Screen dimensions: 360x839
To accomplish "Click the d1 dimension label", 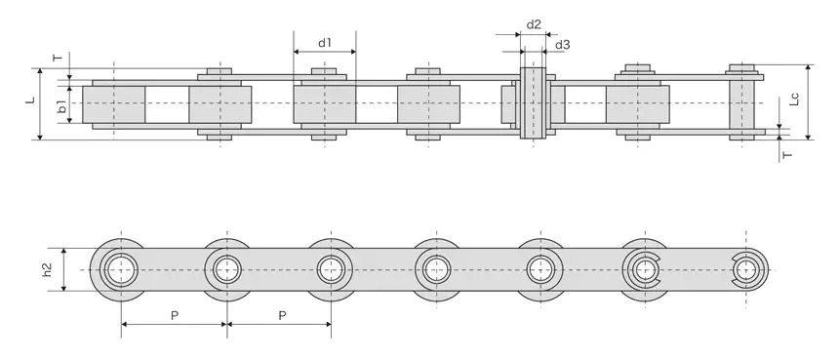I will tap(325, 43).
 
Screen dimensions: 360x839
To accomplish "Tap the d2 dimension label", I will tap(534, 23).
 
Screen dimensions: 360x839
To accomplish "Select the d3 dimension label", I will tap(563, 45).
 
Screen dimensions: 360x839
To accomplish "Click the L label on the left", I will tap(29, 100).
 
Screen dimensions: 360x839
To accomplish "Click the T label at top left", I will tap(57, 58).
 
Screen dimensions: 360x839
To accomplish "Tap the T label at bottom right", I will tap(786, 154).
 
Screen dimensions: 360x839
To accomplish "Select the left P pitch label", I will tap(175, 315).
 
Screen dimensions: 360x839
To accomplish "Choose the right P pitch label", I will tap(281, 315).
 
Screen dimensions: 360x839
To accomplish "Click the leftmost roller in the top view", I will tap(114, 103).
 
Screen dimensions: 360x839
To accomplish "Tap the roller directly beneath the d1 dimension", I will tap(324, 103).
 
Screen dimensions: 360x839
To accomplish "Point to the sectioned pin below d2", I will tap(533, 103).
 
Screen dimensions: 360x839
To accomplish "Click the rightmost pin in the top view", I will tap(745, 103).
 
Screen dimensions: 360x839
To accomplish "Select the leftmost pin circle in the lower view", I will tap(121, 268).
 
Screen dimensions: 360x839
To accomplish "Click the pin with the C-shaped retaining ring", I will tap(643, 267).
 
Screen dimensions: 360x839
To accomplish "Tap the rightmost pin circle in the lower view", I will tap(747, 267).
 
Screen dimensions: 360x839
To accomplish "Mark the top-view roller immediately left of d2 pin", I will tap(428, 103).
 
